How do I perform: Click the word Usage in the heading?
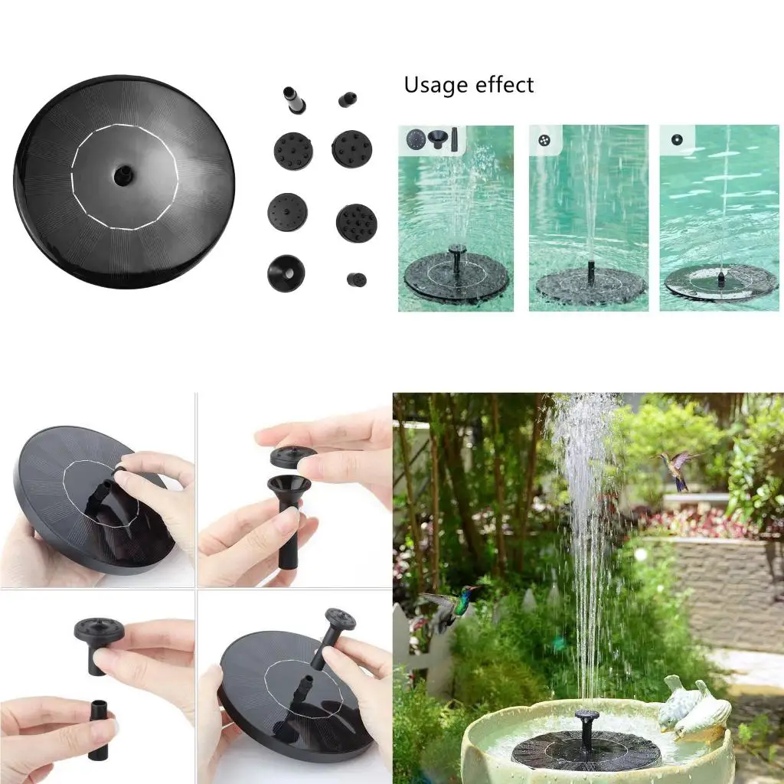point(433,85)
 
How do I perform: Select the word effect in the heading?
point(501,85)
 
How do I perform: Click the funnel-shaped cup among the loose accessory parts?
point(286,273)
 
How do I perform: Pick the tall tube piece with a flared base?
point(295,100)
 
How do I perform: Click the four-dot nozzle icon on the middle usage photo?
point(544,140)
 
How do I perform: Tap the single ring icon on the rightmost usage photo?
point(677,140)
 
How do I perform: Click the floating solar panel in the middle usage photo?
point(590,286)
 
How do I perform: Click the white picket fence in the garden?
point(417,651)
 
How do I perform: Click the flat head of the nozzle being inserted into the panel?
point(340,617)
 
